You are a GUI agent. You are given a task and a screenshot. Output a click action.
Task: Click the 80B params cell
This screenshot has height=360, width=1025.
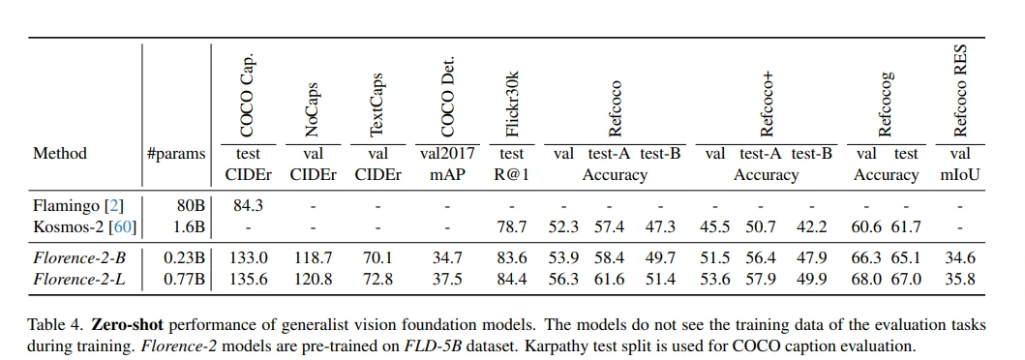190,205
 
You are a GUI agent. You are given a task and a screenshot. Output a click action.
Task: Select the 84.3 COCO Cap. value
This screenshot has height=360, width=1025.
247,205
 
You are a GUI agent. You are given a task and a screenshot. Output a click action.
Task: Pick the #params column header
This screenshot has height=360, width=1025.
176,153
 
